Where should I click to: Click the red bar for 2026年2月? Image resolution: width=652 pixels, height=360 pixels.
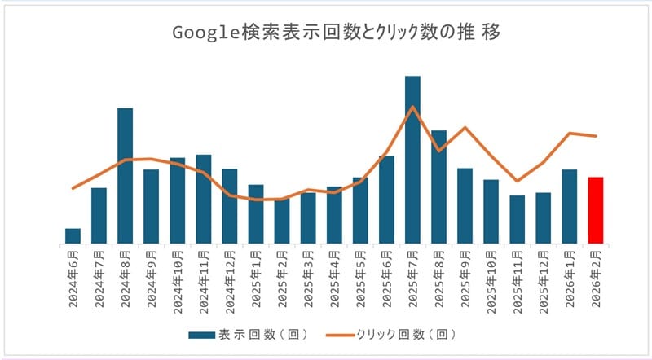click(x=596, y=210)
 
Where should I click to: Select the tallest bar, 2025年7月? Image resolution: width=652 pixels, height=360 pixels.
click(x=412, y=160)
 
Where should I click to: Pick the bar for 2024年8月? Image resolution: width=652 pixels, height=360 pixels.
click(x=125, y=175)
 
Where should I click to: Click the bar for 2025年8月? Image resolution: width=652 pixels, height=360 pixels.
click(x=438, y=187)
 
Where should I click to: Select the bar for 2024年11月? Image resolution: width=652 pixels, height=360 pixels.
click(x=204, y=199)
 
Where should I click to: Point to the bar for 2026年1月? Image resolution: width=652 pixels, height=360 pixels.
click(x=570, y=206)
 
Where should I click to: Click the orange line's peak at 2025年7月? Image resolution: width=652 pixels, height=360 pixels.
click(x=412, y=107)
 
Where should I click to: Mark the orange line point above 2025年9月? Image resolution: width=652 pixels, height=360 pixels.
click(x=465, y=127)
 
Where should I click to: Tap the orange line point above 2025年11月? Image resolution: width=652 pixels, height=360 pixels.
click(x=517, y=181)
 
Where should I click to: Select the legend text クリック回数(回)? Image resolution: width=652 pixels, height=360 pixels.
click(x=405, y=334)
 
